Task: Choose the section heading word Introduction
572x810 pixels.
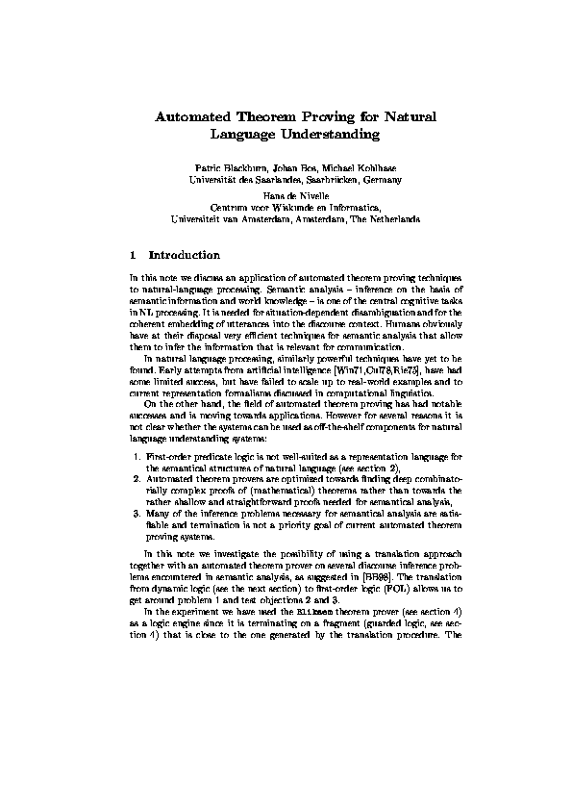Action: coord(185,256)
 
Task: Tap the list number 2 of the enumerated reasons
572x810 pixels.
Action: coord(136,477)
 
